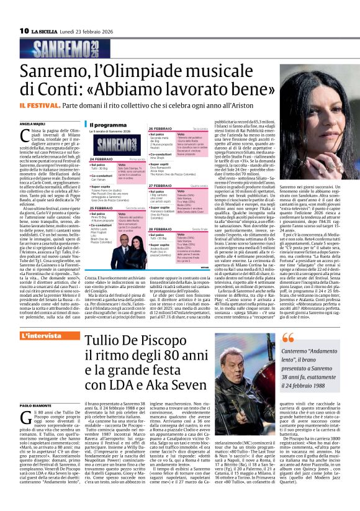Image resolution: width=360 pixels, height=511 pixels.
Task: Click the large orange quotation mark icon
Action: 288,338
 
